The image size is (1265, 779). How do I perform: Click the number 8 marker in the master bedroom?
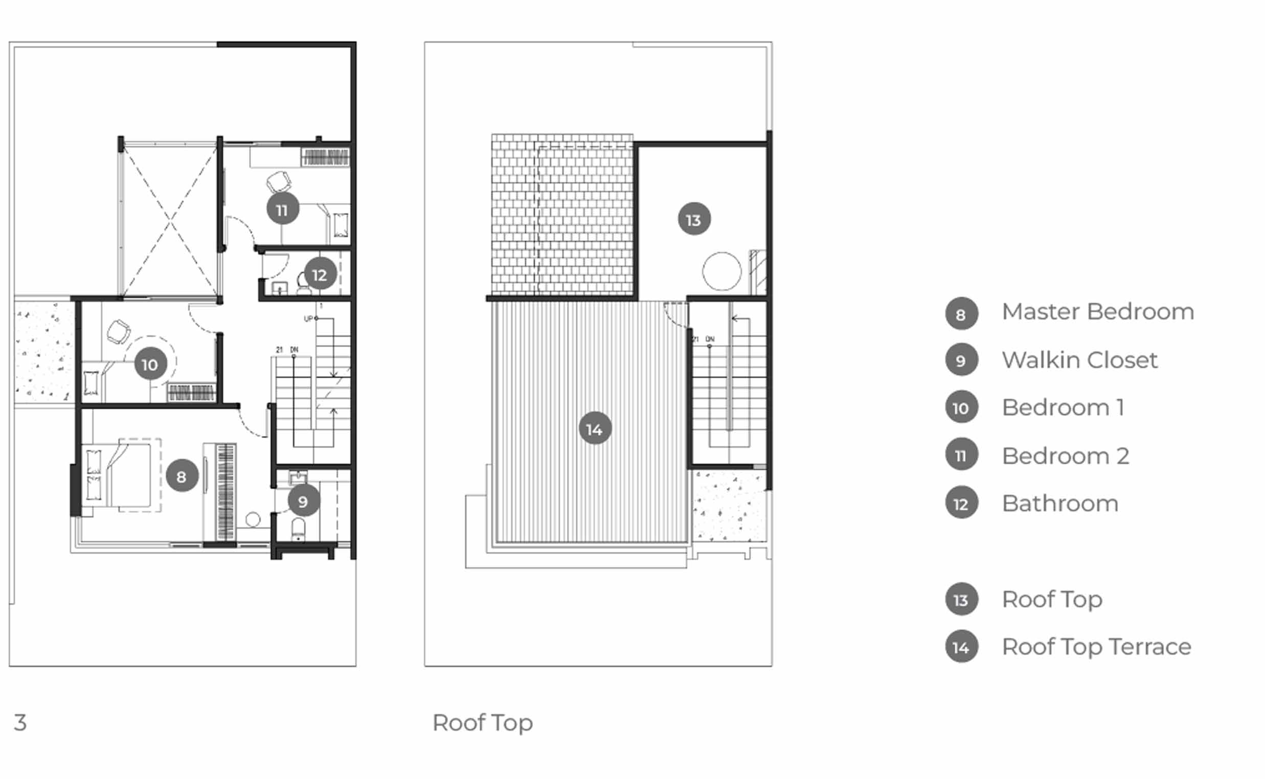tap(182, 476)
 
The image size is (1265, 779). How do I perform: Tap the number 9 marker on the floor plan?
tap(303, 501)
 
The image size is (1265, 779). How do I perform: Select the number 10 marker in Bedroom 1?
tap(150, 364)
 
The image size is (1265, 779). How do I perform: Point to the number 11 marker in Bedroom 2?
tap(282, 210)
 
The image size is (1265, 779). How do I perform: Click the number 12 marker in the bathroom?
tap(320, 274)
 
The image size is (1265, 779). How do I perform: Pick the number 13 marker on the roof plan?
tap(693, 219)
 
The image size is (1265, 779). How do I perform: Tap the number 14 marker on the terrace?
tap(595, 429)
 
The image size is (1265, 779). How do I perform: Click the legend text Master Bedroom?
tap(1097, 312)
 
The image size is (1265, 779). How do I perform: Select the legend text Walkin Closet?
tap(1079, 360)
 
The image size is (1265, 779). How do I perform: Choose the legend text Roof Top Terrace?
tap(1096, 647)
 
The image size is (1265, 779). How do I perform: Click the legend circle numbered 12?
tap(961, 503)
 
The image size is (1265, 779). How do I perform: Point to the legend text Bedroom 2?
tap(1065, 456)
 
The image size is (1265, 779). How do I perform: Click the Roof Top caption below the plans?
tap(482, 723)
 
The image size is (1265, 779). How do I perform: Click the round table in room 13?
tap(721, 271)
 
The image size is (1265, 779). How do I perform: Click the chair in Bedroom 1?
tap(119, 331)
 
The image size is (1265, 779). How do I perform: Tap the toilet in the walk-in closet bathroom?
tap(298, 529)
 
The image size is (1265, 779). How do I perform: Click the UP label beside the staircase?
tap(308, 319)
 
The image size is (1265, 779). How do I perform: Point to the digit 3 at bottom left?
tap(20, 723)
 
